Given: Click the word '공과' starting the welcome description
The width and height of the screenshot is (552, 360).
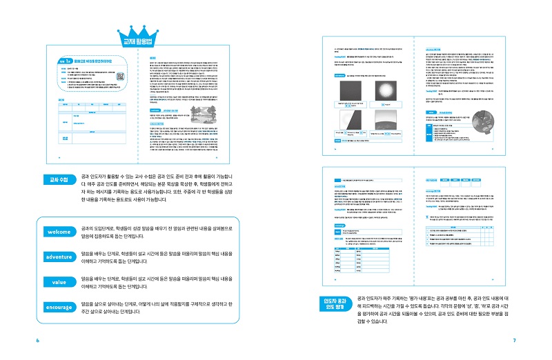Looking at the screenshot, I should pyautogui.click(x=86, y=228).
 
